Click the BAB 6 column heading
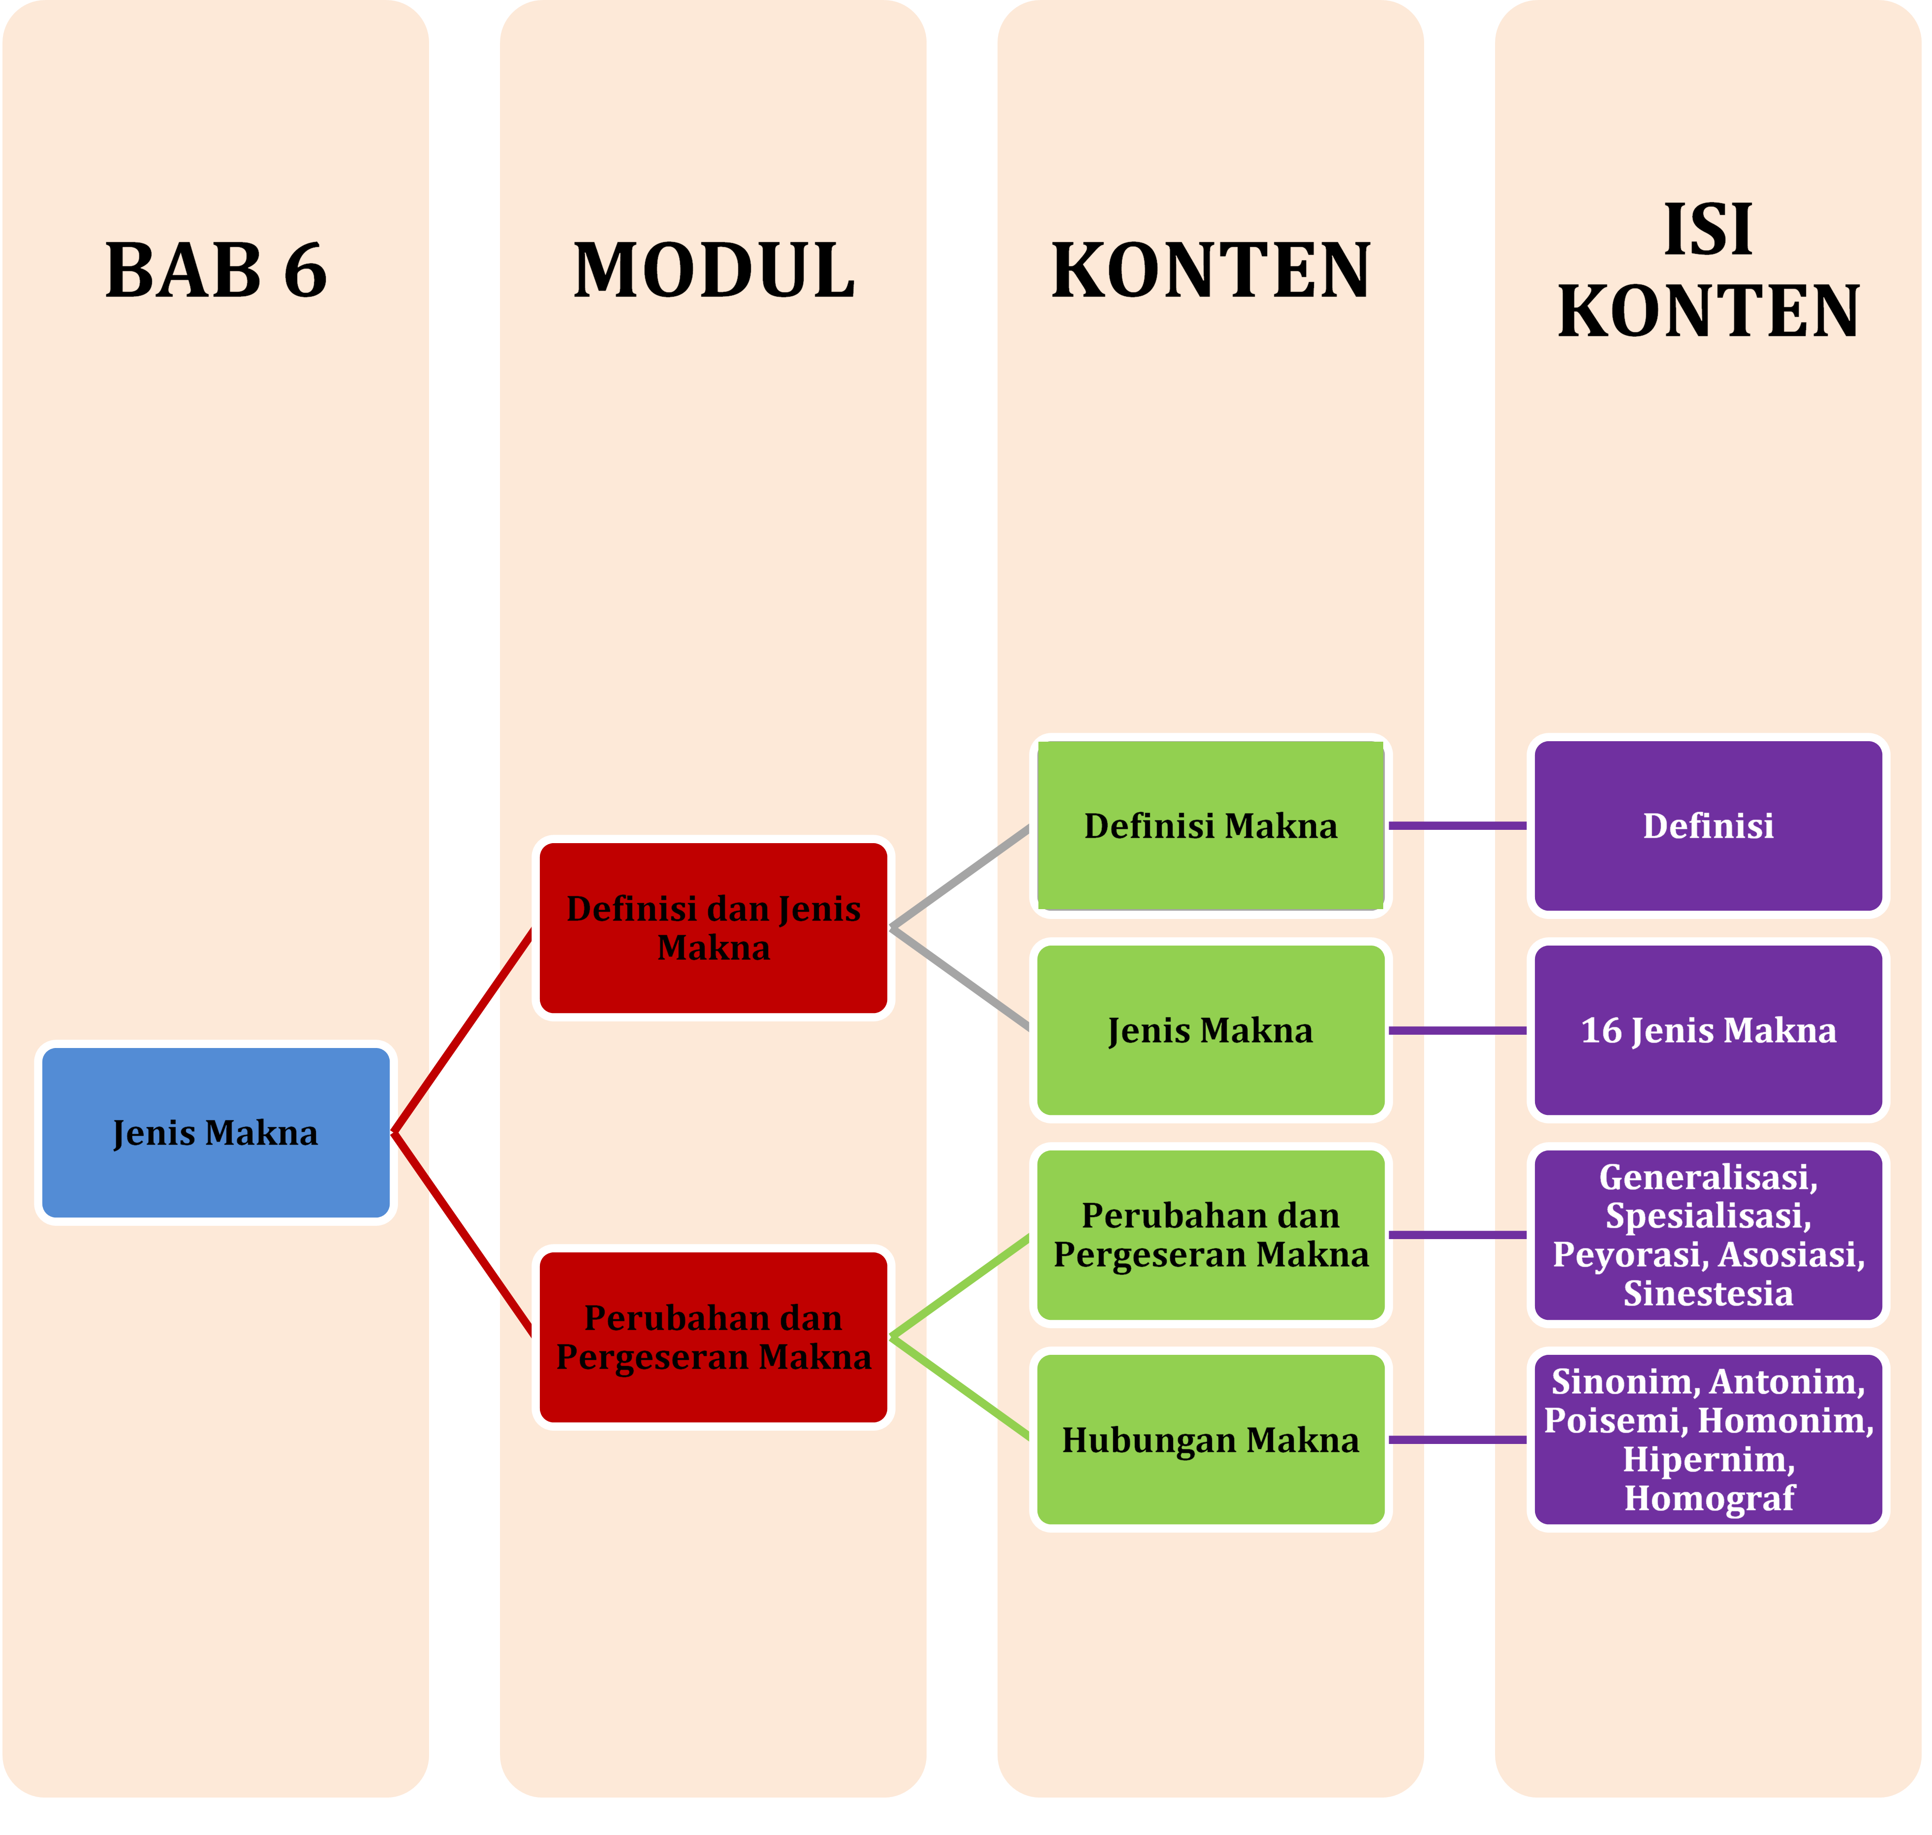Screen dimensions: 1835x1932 coord(215,271)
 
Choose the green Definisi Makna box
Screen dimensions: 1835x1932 coord(1210,825)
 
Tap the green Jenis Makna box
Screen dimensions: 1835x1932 coord(1210,1030)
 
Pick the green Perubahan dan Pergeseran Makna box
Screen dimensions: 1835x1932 coord(1210,1235)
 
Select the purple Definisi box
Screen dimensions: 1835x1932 coord(1708,825)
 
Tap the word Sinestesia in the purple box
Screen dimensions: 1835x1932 coord(1708,1293)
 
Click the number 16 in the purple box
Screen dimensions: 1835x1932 coord(1601,1030)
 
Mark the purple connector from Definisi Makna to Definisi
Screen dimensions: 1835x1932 coord(1458,825)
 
